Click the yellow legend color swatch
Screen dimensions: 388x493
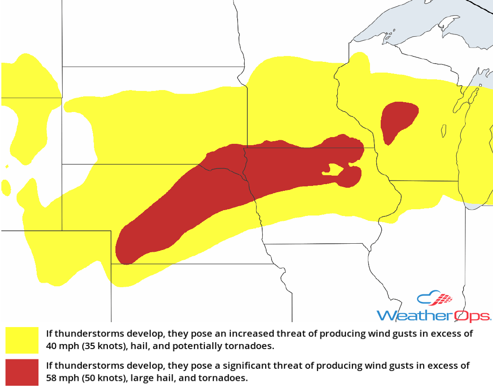[22, 340]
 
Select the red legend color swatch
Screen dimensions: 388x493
[22, 372]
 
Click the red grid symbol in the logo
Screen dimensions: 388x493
[444, 298]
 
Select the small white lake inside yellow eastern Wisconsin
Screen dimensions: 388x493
[443, 131]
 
